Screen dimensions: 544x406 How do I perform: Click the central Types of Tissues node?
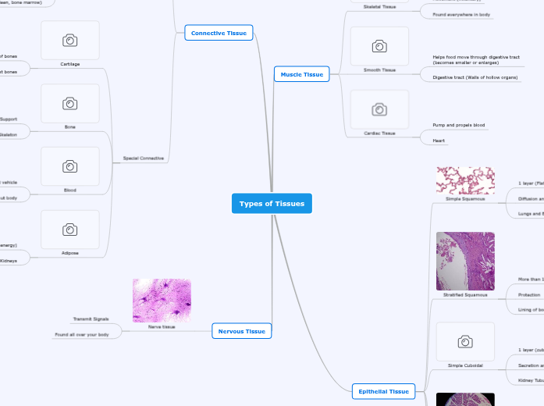(272, 204)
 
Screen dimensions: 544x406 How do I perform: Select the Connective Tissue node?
(219, 33)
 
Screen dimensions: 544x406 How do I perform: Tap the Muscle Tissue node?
(302, 74)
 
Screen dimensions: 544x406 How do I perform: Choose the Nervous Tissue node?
(242, 331)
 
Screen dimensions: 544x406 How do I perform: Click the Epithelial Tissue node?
(381, 391)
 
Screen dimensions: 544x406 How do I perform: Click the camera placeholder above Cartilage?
(70, 40)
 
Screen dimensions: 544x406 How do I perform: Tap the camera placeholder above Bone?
(70, 103)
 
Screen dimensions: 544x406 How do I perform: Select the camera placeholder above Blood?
(70, 166)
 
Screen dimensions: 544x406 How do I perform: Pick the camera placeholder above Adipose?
(70, 230)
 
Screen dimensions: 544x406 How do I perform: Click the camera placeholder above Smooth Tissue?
(379, 46)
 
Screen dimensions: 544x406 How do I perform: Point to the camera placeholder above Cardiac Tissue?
(379, 109)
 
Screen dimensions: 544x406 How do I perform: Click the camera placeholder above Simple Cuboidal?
(465, 341)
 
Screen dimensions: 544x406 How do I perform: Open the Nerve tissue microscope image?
(162, 301)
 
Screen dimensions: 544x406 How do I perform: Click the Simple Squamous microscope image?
(465, 180)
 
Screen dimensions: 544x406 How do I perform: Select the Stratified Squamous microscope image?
(465, 261)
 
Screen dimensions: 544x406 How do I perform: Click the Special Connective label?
(144, 158)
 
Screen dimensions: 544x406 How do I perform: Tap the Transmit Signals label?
(91, 319)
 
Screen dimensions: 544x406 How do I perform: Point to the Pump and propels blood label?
(459, 125)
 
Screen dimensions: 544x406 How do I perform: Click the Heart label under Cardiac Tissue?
(439, 141)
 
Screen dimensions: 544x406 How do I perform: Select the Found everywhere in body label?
(462, 15)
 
